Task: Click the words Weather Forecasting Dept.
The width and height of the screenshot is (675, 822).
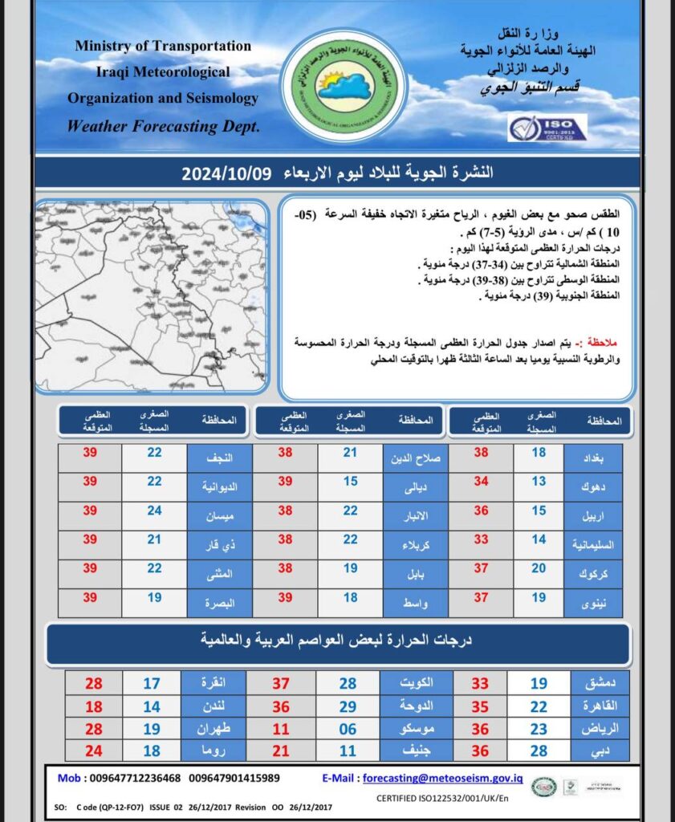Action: (x=164, y=126)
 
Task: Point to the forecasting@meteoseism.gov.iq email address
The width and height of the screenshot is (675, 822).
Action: (x=443, y=778)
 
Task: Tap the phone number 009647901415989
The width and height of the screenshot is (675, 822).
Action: (x=234, y=778)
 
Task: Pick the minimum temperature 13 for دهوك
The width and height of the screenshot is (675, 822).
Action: (x=539, y=482)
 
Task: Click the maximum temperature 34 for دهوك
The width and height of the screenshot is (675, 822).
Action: (x=481, y=482)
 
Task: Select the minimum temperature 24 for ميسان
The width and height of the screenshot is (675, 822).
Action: (x=154, y=511)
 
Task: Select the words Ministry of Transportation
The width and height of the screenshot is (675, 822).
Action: (x=163, y=46)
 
